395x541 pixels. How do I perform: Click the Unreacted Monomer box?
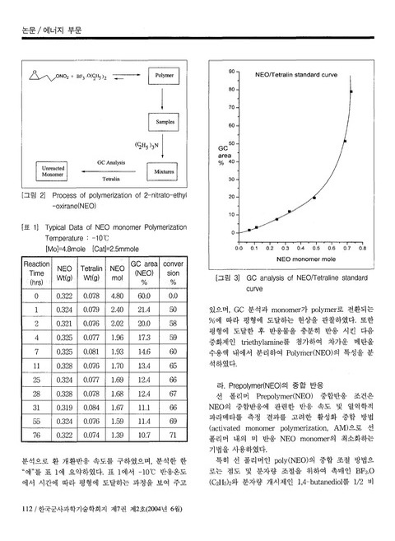[x=53, y=171]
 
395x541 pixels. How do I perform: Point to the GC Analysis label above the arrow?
[x=111, y=163]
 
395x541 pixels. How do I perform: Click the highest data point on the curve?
[x=351, y=91]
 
